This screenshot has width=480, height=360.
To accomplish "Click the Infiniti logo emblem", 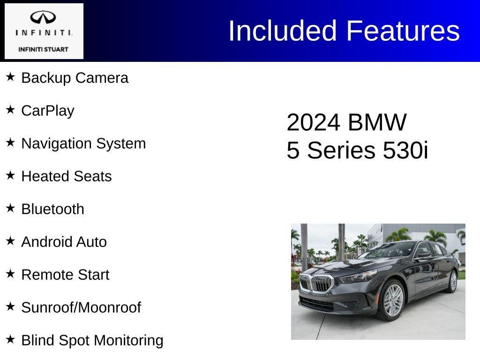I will coord(44,18).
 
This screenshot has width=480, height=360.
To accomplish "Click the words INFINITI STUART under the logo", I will coord(44,49).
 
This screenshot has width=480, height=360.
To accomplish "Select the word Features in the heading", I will coord(403,31).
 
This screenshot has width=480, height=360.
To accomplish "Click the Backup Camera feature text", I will coord(75,78).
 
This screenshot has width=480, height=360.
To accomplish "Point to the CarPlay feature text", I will coord(48,111).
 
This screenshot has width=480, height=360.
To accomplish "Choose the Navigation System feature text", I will coord(83,143).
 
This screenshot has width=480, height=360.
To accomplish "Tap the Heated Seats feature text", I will coord(67,176).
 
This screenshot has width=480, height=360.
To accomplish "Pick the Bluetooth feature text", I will coord(53,209).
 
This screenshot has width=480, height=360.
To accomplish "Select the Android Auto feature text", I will coord(64,242).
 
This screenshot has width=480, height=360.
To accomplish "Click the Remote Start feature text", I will coord(65,275).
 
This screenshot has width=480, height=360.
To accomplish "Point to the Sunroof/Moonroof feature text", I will coord(81,307).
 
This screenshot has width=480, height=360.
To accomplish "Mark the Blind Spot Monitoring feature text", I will coord(92,340).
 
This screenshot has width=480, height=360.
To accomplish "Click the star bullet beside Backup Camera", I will coord(10,76).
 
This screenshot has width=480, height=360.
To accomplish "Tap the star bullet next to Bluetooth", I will coord(10,208).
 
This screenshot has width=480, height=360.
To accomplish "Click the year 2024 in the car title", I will coord(313,123).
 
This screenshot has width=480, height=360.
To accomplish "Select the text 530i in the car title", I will coord(405,151).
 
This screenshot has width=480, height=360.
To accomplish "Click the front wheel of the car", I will coord(393,300).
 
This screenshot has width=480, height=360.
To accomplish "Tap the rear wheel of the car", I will coord(453,281).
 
